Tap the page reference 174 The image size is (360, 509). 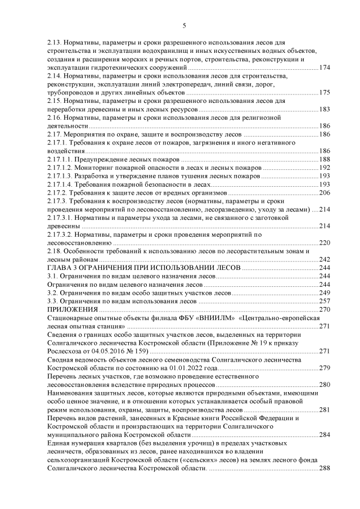(x=324, y=67)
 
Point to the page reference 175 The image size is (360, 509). (x=324, y=92)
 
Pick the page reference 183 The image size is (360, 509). (x=324, y=109)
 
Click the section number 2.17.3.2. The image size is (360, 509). (x=58, y=234)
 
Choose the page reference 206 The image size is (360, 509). (x=324, y=192)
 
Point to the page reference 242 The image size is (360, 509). (x=324, y=259)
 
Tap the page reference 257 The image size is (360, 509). (x=324, y=301)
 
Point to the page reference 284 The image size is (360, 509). (x=324, y=435)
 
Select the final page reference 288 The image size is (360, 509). (x=324, y=468)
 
